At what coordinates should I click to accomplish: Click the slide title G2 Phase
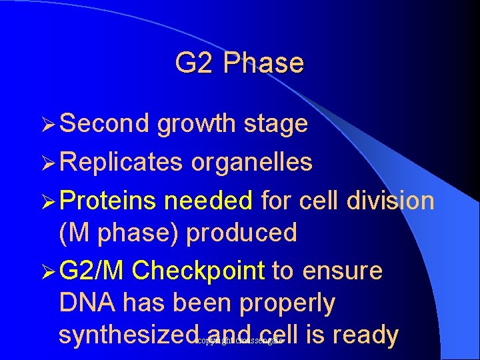point(239,63)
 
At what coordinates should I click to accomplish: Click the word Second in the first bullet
point(105,123)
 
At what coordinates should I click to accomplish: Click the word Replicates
point(121,162)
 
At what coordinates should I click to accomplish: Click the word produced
point(241,233)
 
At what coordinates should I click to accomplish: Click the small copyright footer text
point(240,341)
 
